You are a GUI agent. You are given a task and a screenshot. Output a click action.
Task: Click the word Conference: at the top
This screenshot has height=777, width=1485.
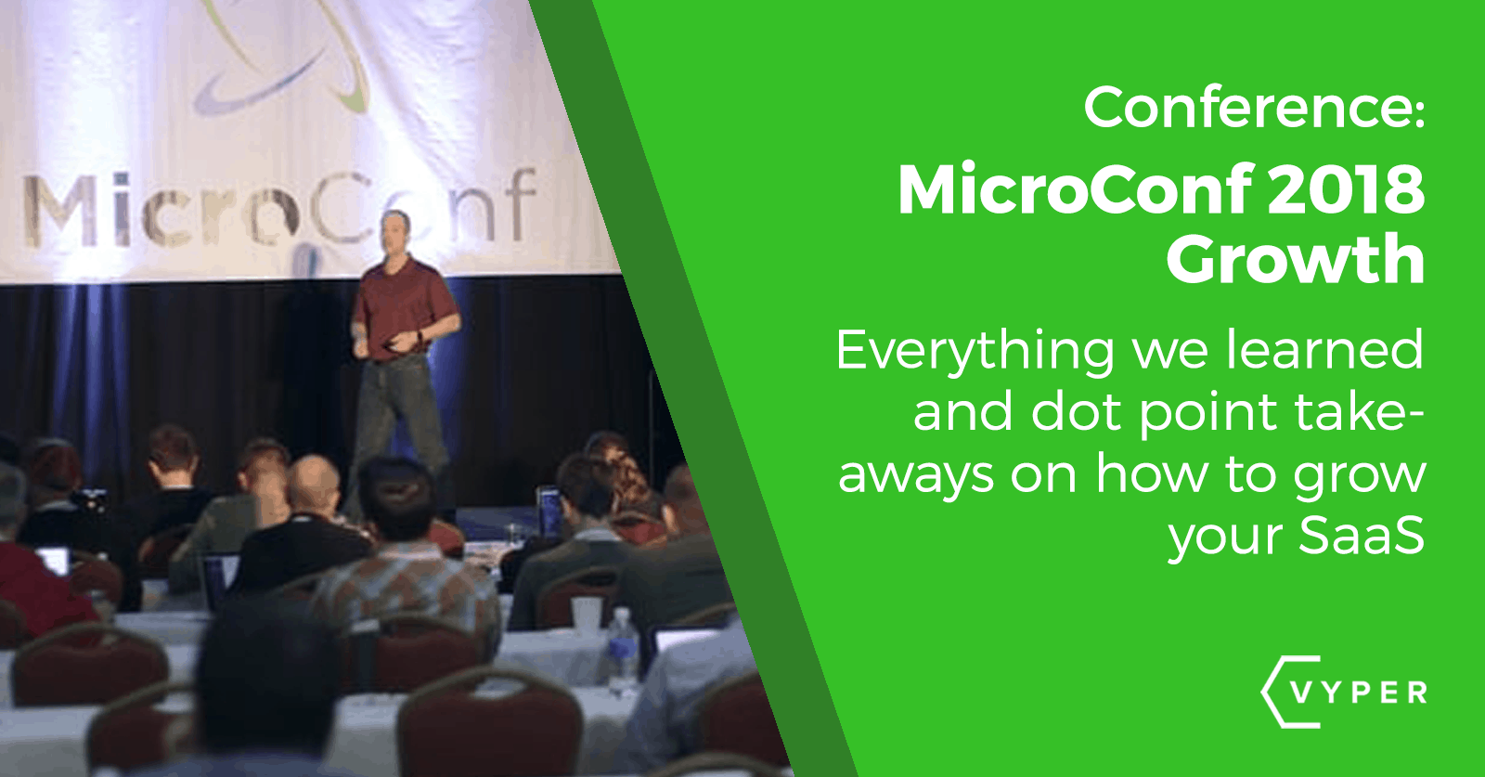tap(1253, 108)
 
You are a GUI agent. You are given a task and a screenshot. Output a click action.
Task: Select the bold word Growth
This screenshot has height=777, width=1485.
tap(1296, 260)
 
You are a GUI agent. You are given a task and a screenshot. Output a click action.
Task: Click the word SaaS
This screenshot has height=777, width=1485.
tap(1361, 535)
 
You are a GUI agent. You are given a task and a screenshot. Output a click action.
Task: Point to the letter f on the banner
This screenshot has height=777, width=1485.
tap(520, 204)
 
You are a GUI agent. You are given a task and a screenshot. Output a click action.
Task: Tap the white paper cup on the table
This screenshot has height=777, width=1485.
tap(586, 615)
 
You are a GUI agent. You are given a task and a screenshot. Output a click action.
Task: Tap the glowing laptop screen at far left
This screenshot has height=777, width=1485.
tap(53, 560)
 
